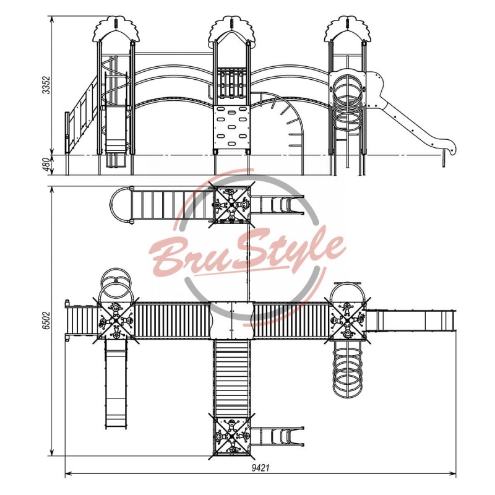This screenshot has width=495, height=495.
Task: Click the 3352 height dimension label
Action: point(46,85)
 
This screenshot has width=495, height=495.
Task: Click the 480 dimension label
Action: point(46,165)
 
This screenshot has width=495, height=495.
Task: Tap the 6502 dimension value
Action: point(46,321)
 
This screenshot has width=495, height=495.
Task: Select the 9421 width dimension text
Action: point(260,468)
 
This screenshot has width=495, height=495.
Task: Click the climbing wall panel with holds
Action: point(231,127)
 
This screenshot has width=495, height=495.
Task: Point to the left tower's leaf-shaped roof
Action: point(116,29)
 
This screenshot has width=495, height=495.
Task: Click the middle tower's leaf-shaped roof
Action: point(231,29)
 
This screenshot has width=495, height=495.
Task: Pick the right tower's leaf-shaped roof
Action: point(347,29)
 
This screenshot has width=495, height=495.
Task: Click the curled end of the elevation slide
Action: point(449,147)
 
